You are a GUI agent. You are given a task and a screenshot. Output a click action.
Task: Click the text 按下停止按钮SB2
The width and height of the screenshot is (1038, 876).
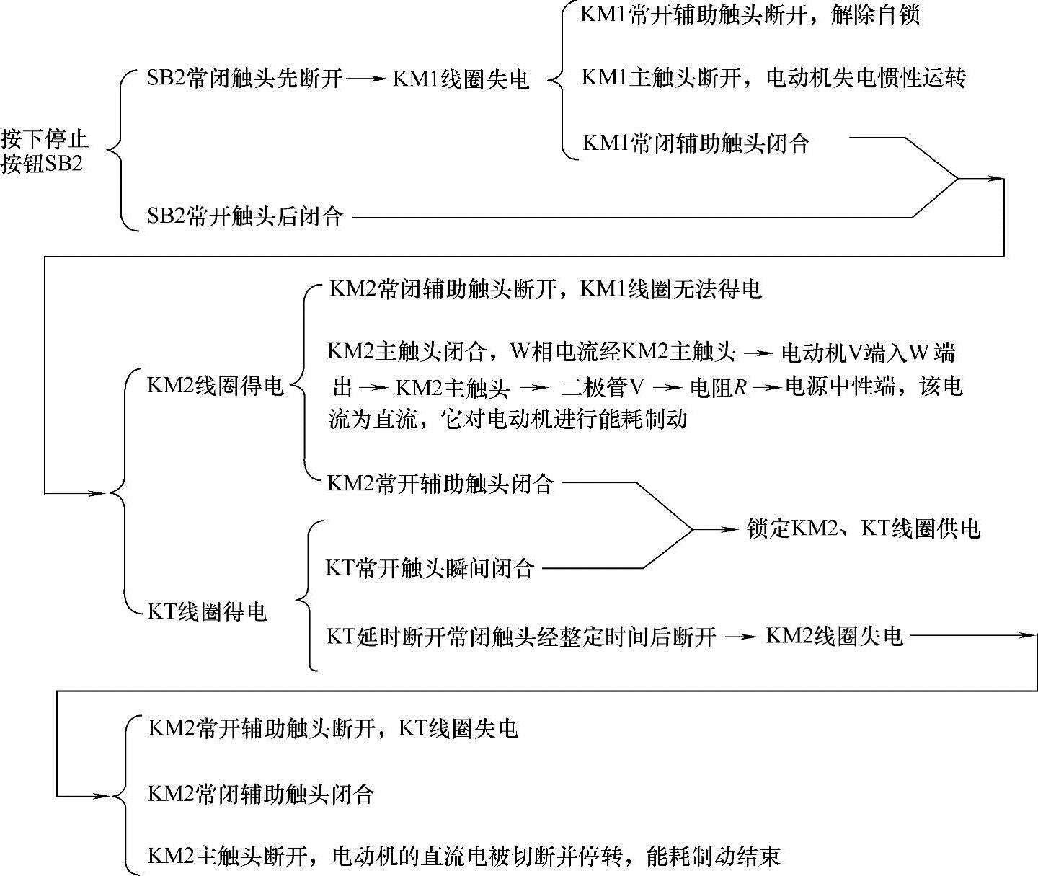point(45,151)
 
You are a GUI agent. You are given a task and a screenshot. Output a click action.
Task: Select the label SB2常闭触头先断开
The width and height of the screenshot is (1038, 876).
point(244,78)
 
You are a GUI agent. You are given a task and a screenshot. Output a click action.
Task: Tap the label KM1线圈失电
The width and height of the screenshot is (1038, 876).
point(461,79)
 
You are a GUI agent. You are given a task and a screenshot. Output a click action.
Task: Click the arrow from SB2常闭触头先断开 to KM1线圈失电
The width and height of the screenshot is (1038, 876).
point(367,78)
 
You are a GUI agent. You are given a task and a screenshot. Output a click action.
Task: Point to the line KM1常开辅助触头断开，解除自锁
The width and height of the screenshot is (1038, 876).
point(750,15)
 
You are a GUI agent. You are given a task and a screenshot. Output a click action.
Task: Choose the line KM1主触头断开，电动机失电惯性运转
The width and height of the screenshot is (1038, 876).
point(773,78)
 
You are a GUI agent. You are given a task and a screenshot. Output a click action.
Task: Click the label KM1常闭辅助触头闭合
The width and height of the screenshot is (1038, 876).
point(696,143)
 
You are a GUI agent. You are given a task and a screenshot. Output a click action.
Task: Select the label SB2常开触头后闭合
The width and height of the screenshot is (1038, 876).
point(244,216)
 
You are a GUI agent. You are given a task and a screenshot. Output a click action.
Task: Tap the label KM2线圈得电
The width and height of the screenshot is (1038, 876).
point(215,385)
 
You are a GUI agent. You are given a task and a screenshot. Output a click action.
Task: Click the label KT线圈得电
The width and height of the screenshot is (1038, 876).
point(207,612)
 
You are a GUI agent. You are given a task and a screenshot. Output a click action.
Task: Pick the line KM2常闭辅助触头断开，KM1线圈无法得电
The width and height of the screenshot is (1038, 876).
point(545,289)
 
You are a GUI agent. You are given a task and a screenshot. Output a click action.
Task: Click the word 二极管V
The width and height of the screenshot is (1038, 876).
point(603,388)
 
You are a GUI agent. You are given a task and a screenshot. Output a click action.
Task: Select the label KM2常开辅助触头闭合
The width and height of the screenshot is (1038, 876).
point(440,482)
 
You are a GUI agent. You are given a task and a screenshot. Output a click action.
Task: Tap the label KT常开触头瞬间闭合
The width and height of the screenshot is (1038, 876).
point(430,568)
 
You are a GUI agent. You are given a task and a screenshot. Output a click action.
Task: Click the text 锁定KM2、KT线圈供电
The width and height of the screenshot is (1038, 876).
point(864,529)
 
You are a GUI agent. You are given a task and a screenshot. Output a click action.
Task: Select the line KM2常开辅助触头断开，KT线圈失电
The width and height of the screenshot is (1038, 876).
point(332,728)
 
